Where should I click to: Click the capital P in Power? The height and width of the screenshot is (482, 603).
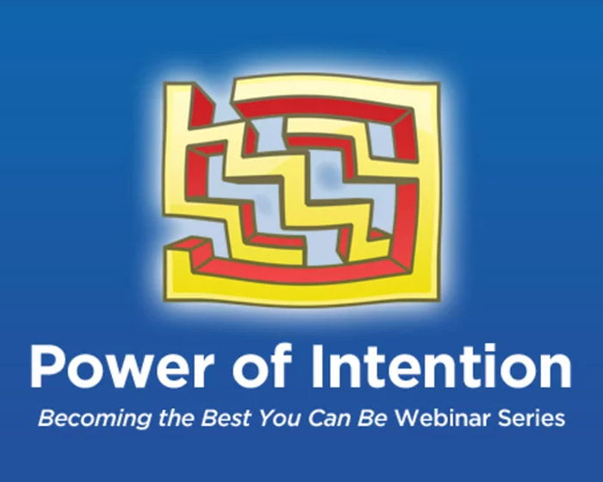pyautogui.click(x=44, y=367)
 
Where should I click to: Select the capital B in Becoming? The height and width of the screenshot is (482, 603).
pyautogui.click(x=46, y=419)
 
